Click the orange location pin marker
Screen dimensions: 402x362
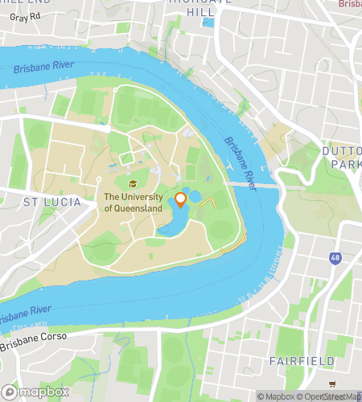coord(181,199)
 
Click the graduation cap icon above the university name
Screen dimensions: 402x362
coord(133,183)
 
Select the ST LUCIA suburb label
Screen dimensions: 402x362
coord(52,202)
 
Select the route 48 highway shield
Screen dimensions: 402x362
coord(333,257)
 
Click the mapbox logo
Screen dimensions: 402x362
coord(35,392)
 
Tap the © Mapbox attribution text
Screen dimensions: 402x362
coord(277,396)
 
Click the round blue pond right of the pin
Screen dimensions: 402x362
coord(195,196)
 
